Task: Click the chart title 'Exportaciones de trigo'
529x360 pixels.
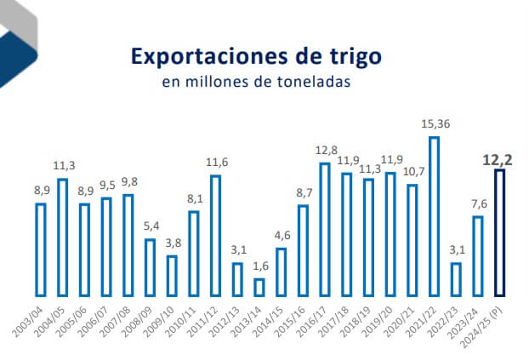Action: pos(256,57)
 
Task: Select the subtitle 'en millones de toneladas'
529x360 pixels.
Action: pos(256,83)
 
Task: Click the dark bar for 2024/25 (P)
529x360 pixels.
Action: pos(500,232)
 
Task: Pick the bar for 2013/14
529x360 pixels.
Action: pos(259,288)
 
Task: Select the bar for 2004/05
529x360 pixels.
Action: pos(63,237)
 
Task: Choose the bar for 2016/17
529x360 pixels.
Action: pos(324,229)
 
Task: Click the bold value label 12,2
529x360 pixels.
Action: pos(500,158)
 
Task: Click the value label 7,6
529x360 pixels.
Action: pos(478,205)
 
